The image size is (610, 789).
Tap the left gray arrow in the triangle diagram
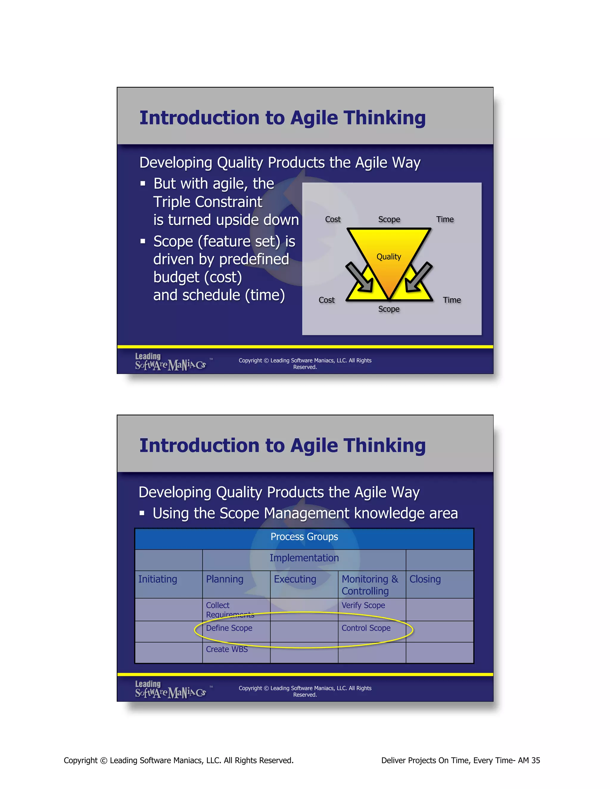359,277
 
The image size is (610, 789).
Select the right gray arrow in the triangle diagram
418,277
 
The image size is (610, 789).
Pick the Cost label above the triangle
332,219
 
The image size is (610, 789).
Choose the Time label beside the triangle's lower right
452,300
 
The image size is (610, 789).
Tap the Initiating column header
158,579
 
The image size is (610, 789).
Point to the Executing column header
295,579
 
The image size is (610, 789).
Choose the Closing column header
425,579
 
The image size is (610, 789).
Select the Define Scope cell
229,628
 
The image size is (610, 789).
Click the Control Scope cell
366,628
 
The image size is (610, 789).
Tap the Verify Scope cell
363,606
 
